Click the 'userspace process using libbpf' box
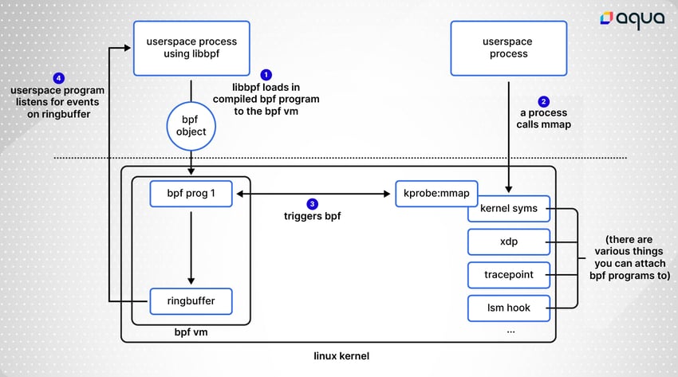click(x=191, y=48)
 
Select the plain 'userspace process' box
click(x=509, y=48)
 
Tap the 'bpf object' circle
click(x=191, y=126)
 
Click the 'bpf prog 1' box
click(x=191, y=194)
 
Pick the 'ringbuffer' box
click(x=191, y=301)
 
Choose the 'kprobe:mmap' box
click(x=436, y=194)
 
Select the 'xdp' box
click(x=509, y=242)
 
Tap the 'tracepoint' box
click(x=509, y=275)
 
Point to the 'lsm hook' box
click(x=509, y=308)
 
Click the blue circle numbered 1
click(x=266, y=75)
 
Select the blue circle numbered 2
click(x=543, y=101)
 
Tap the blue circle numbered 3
click(x=312, y=204)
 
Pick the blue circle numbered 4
click(x=59, y=78)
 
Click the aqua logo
click(x=633, y=18)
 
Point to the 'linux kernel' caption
click(x=341, y=356)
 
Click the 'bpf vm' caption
click(x=191, y=332)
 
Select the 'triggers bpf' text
click(x=312, y=216)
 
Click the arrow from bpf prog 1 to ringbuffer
click(x=191, y=248)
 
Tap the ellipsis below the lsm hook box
click(x=510, y=332)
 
